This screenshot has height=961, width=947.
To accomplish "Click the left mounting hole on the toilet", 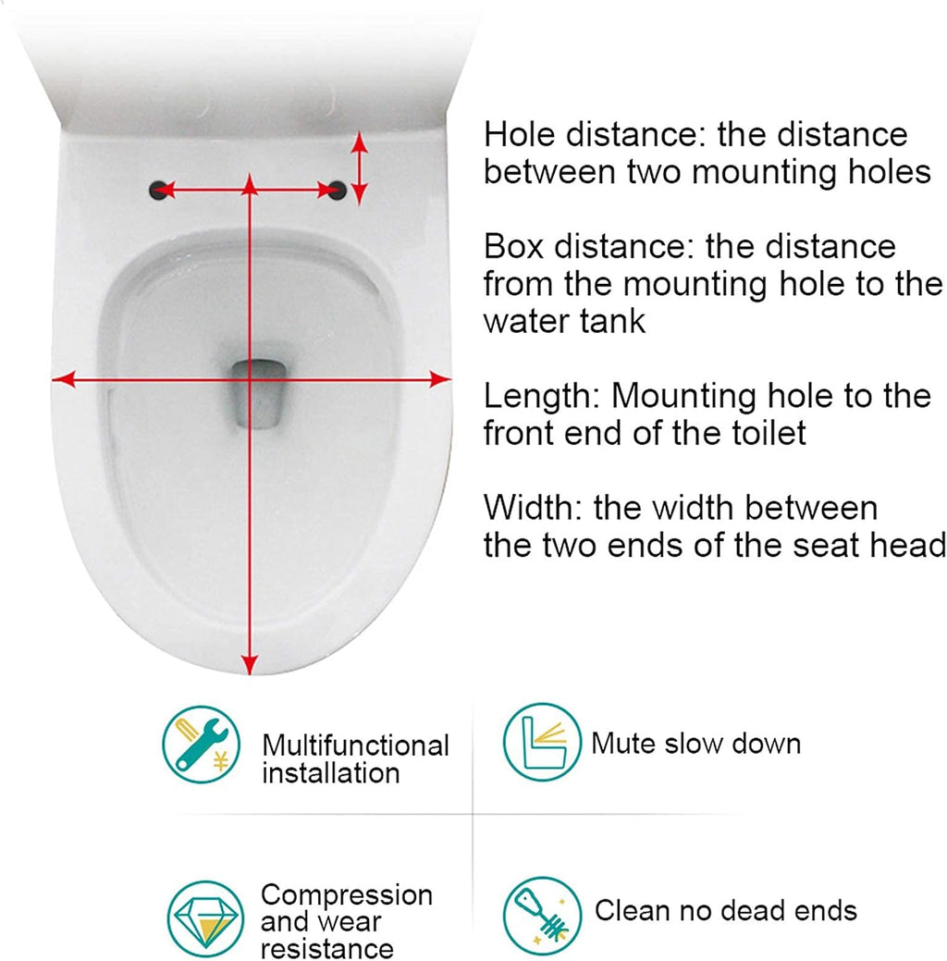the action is click(x=157, y=190).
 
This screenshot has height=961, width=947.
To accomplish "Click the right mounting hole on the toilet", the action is click(x=338, y=190).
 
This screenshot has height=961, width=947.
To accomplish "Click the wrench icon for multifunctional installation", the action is click(x=201, y=744).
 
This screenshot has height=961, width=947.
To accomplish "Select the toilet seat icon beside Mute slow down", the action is click(x=542, y=742).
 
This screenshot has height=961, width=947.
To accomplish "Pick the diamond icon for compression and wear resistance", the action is click(x=205, y=918).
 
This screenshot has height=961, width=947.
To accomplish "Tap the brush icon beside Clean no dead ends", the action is click(x=542, y=916).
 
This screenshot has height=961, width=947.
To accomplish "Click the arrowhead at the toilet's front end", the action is click(x=249, y=664).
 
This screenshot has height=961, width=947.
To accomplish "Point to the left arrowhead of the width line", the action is click(x=63, y=379).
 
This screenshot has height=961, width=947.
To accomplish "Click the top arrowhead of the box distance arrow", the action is click(x=360, y=143).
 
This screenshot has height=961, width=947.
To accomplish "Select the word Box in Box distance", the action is click(x=513, y=246).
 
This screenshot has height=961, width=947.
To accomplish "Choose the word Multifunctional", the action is click(x=355, y=745).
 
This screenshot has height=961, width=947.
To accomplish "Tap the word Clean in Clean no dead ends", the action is click(x=632, y=911).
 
